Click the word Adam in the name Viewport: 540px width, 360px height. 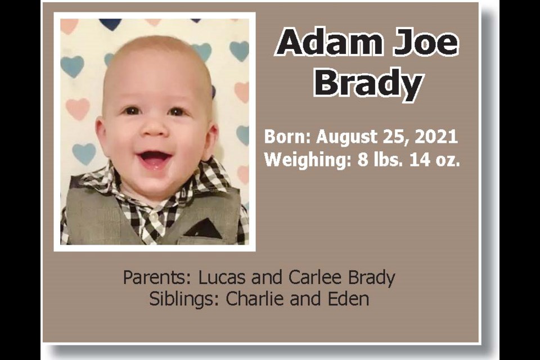click(x=330, y=42)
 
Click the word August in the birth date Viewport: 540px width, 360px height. click(x=347, y=137)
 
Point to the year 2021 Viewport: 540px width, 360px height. click(x=436, y=137)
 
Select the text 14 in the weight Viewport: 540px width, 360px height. click(x=419, y=160)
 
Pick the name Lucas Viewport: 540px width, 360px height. click(x=222, y=277)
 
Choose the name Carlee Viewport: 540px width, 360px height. click(x=315, y=277)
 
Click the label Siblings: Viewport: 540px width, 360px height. click(x=184, y=299)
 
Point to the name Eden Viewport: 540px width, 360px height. click(x=348, y=299)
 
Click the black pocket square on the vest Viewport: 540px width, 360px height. click(x=204, y=228)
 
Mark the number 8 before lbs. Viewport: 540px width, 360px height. click(x=363, y=160)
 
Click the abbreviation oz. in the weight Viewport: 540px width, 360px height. click(x=447, y=160)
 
